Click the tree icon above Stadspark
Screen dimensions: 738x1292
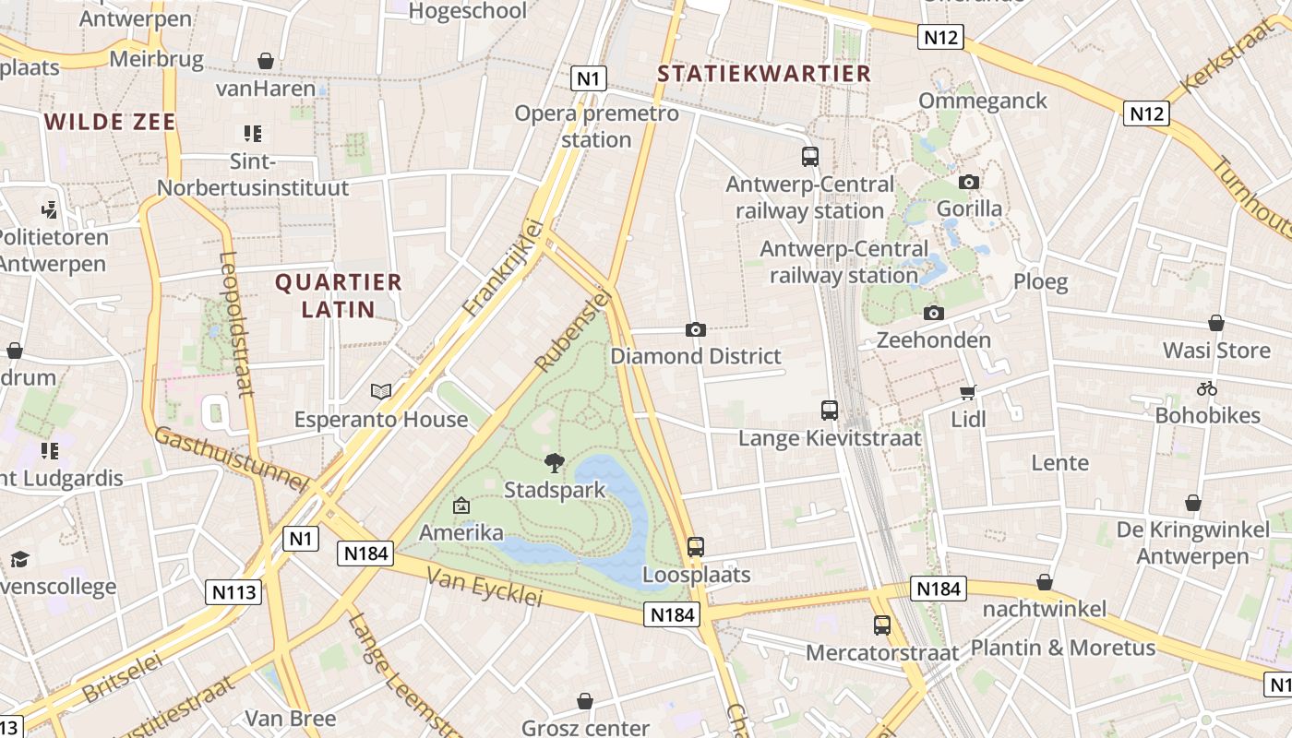(x=554, y=462)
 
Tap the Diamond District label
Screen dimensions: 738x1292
(x=696, y=356)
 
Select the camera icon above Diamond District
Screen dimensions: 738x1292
(x=696, y=329)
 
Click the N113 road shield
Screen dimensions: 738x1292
(x=233, y=591)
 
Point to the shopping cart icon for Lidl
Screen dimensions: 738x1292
(x=968, y=393)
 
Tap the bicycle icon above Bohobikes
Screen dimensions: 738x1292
(x=1207, y=388)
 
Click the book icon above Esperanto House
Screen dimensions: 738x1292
(x=381, y=391)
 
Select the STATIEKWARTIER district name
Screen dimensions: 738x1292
(x=764, y=74)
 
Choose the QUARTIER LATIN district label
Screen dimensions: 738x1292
(x=339, y=295)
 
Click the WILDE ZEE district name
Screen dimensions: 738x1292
(x=110, y=122)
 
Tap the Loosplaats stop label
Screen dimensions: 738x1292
(x=696, y=575)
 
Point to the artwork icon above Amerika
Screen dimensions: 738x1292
(x=461, y=506)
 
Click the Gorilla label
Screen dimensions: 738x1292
(x=969, y=208)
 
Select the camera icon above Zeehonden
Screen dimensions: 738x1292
(x=934, y=313)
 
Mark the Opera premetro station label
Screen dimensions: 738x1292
(x=596, y=126)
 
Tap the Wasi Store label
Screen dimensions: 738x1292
(x=1216, y=351)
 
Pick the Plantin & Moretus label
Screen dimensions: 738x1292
(x=1063, y=648)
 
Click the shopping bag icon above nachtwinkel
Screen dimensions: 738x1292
(x=1045, y=582)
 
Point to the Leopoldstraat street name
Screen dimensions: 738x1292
(x=237, y=325)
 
